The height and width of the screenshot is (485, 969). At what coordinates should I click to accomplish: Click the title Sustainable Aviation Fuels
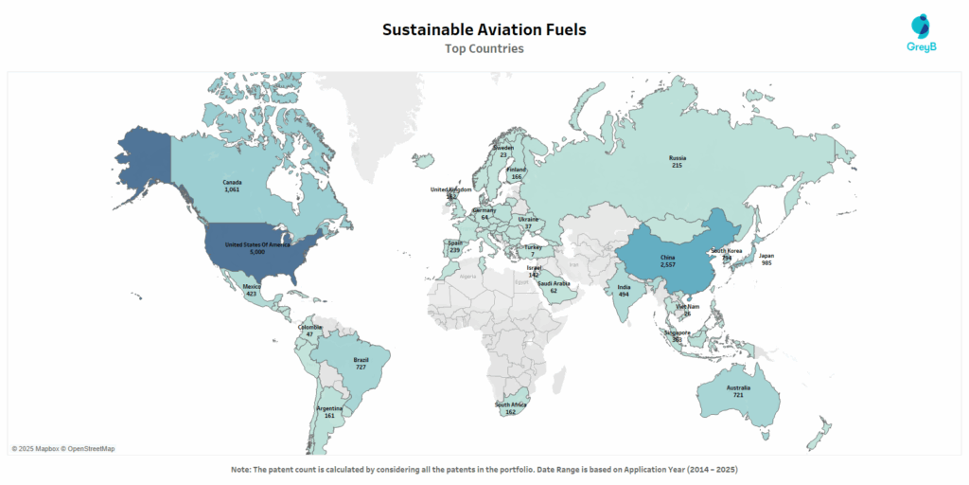tap(484, 29)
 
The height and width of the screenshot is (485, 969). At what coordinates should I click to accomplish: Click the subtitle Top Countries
tap(484, 48)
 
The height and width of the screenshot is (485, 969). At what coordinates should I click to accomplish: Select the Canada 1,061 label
tap(233, 186)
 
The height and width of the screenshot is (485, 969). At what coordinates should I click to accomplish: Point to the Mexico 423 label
tap(252, 289)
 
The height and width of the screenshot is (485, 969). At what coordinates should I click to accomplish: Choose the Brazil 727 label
tap(361, 363)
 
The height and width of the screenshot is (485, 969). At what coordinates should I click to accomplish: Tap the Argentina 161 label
tap(329, 411)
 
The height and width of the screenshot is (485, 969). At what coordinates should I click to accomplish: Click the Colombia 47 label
tap(309, 331)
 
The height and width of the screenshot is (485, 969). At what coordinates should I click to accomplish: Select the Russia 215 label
tap(677, 161)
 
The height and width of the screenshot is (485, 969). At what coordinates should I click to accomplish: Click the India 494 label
tap(624, 290)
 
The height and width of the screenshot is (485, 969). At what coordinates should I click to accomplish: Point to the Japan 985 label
tap(766, 259)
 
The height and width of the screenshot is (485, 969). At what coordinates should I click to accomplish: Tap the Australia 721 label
tap(739, 391)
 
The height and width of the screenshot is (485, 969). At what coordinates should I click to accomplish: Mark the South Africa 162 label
tap(510, 408)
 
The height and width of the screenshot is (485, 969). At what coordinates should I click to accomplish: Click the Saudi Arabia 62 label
tap(554, 287)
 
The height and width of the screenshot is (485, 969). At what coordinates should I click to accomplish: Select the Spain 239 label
tap(455, 246)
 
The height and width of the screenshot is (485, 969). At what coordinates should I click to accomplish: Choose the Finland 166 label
tap(516, 173)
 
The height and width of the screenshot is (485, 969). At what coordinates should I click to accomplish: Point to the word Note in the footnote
tap(240, 470)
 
